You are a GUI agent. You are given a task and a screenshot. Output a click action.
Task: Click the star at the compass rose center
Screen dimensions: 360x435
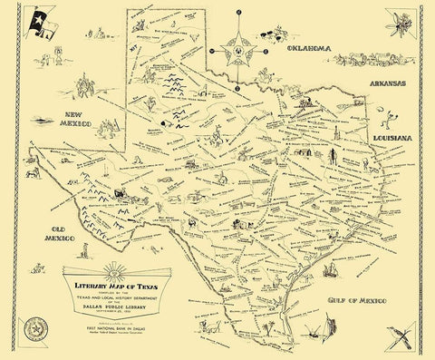[237, 52]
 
